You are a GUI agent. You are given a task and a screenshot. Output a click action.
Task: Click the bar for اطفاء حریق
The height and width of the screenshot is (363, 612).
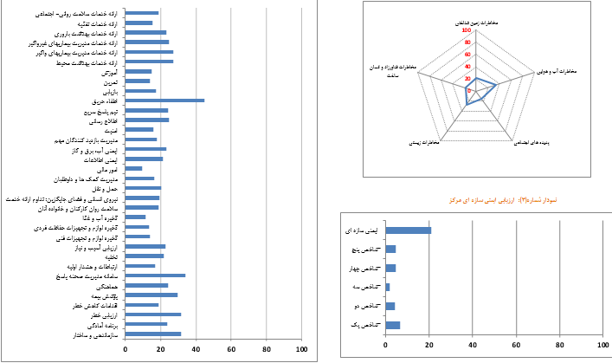coord(164,100)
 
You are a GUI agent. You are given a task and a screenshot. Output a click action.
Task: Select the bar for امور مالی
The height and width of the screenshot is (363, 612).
coord(134,168)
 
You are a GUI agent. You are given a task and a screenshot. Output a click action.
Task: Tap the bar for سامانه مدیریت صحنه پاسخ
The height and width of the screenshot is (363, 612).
coord(155,275)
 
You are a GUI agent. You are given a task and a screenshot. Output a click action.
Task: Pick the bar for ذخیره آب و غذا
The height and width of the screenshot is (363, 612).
coord(136,217)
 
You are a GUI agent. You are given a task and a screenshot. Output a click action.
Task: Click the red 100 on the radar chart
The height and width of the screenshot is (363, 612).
coord(467,30)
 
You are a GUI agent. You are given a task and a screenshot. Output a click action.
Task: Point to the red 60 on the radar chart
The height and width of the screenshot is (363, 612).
coord(467,53)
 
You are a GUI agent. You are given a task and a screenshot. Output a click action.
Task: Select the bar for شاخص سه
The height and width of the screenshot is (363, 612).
coord(388,287)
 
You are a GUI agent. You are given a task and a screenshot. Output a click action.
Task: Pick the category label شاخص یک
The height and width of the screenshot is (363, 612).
coord(359,325)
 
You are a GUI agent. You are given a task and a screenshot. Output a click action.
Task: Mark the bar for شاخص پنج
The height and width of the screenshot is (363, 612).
coord(390,250)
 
